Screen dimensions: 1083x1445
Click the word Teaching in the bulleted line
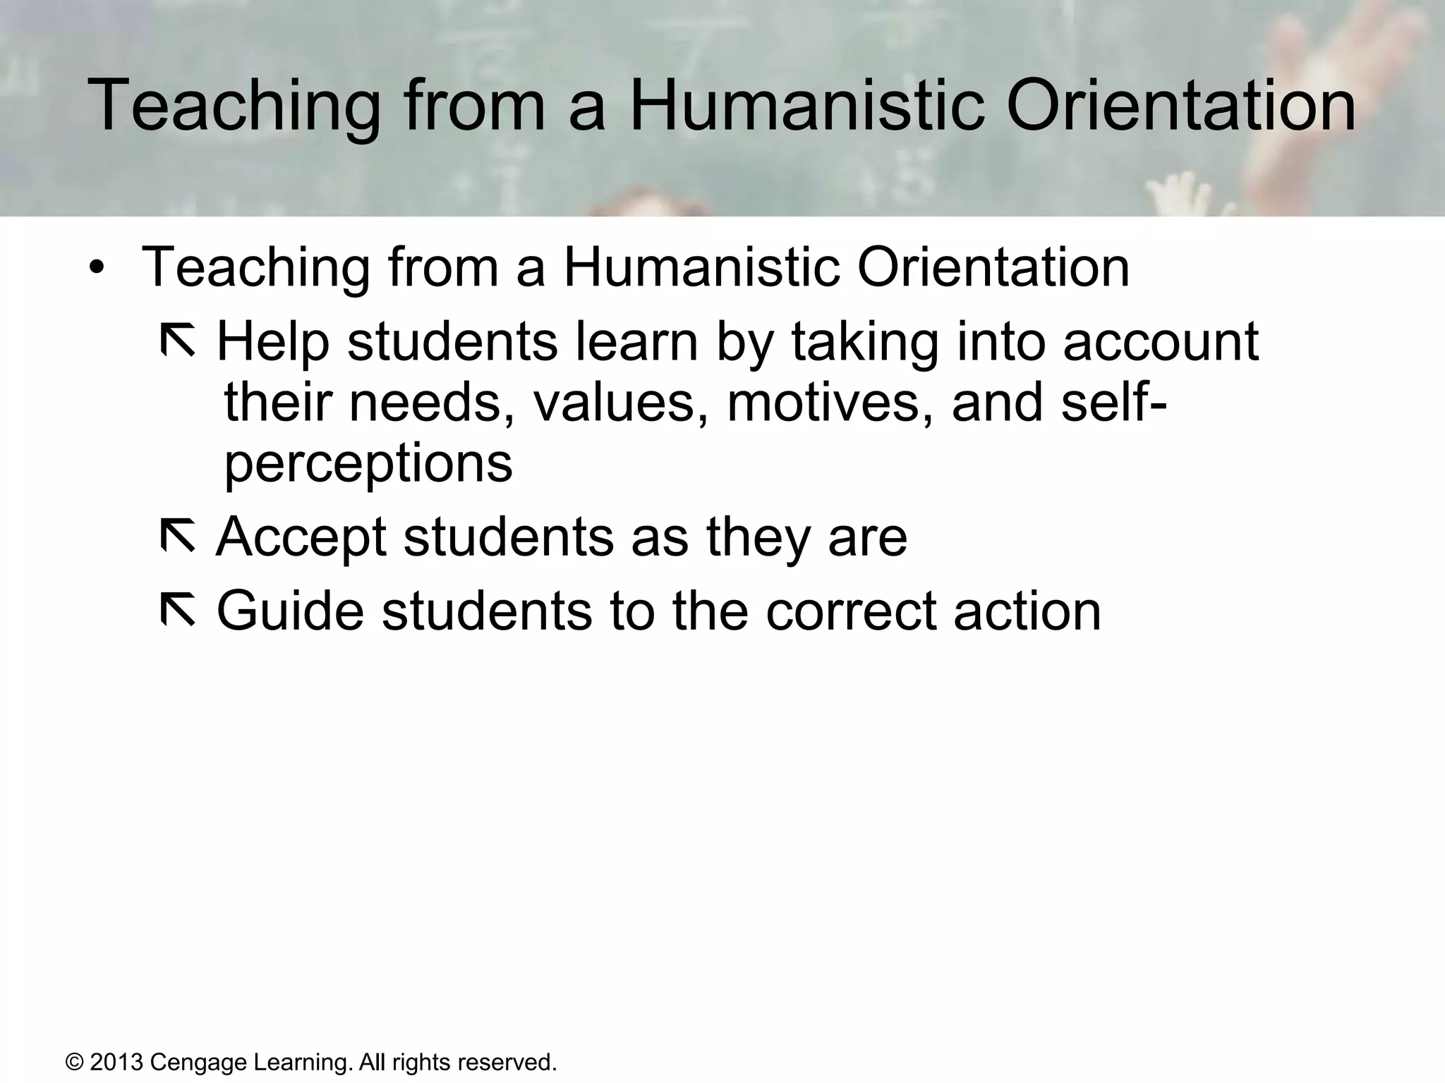[x=255, y=268]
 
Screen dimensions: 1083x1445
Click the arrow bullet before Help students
[x=178, y=341]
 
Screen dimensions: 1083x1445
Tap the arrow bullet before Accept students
[x=178, y=536]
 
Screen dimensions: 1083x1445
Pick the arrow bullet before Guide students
[x=178, y=610]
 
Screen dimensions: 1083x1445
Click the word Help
[x=272, y=342]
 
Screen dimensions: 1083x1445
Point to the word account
[x=1160, y=342]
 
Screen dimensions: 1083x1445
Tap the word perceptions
[x=368, y=465]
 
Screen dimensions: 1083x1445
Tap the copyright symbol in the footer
[x=74, y=1062]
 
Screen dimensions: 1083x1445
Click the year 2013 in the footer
[x=116, y=1062]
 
